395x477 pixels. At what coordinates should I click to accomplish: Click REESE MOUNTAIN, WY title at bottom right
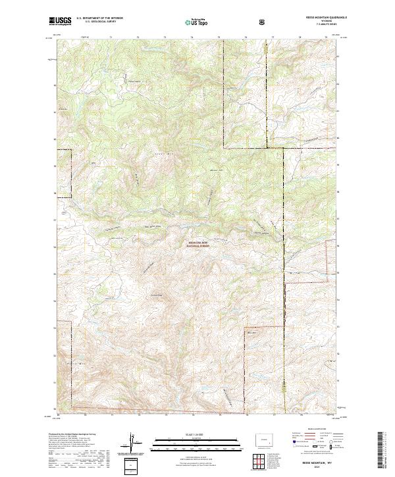[318, 463]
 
